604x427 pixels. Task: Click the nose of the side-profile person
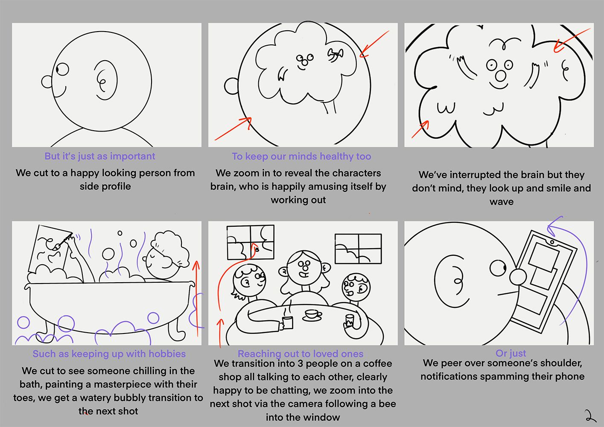47,82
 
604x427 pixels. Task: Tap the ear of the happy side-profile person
105,80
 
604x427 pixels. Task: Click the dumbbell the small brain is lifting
336,54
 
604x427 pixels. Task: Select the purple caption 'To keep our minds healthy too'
301,156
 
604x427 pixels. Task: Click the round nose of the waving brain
500,76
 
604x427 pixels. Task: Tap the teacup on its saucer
312,315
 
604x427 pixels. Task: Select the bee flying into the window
257,249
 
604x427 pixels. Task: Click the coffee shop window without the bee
358,249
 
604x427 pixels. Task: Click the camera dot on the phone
552,243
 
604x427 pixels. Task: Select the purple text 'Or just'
511,353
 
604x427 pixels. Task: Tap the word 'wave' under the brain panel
502,202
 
